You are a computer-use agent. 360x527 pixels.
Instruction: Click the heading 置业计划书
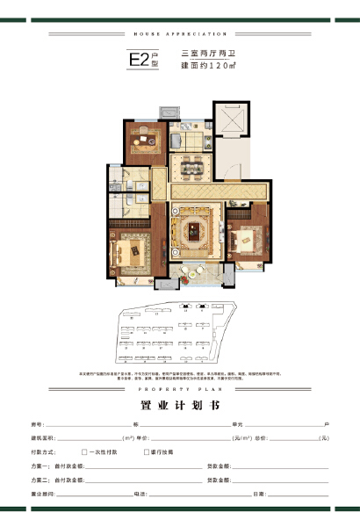click(x=179, y=407)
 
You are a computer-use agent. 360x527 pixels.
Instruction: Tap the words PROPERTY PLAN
click(x=180, y=387)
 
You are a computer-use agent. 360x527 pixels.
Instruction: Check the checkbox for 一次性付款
click(x=83, y=451)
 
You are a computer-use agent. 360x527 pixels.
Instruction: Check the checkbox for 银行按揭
click(x=145, y=451)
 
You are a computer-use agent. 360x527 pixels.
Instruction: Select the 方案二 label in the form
click(x=41, y=480)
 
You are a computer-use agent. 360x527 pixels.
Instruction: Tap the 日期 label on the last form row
click(x=258, y=495)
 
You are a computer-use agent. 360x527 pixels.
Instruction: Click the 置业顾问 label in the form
click(x=44, y=495)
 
